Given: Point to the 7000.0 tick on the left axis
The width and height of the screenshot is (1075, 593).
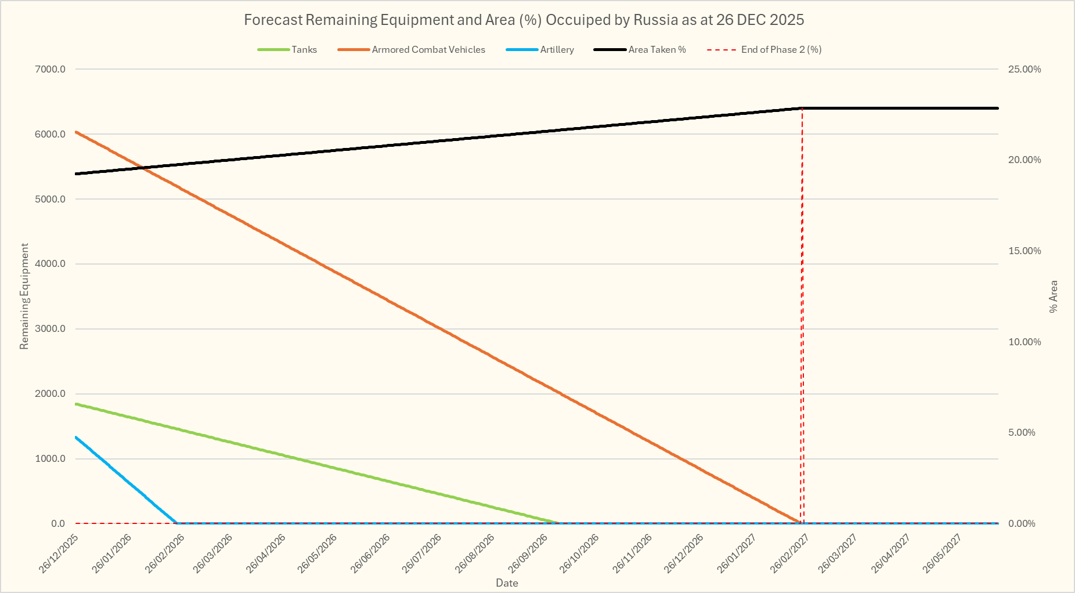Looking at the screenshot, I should (x=50, y=69).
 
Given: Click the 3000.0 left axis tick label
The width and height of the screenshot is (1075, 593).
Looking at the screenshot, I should (x=50, y=329).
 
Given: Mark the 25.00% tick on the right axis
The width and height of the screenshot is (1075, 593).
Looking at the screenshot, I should (x=1025, y=69).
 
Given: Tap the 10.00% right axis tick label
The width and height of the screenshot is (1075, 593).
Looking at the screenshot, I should (x=1025, y=342).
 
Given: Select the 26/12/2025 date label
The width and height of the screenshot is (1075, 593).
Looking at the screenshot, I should (x=59, y=554).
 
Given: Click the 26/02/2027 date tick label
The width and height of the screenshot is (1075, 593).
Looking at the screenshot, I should (x=789, y=554).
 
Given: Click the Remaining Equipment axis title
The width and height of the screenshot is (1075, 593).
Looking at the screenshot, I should (x=24, y=296).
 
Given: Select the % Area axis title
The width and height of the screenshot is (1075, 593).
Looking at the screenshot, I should (x=1054, y=296).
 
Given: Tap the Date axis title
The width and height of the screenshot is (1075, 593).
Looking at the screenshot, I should (x=507, y=583).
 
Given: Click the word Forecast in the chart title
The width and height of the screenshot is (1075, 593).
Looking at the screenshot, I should (x=272, y=20).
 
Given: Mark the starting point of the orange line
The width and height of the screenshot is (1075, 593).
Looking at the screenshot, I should (x=76, y=132).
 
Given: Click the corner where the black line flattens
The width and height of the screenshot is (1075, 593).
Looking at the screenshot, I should (x=802, y=108).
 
